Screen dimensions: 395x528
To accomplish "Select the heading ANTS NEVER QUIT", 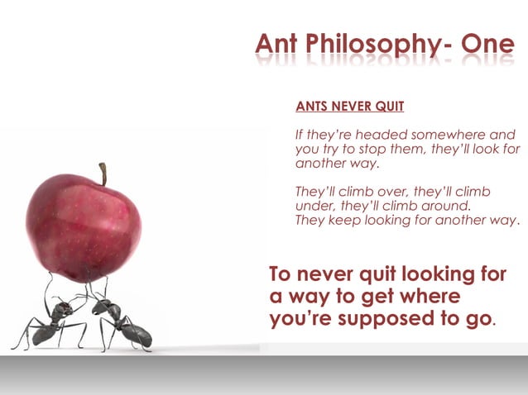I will pyautogui.click(x=349, y=107).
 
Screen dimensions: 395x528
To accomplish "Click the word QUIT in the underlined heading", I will pyautogui.click(x=388, y=107).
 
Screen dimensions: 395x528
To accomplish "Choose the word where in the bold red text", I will pyautogui.click(x=425, y=297).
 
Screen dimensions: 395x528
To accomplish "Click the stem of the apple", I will pyautogui.click(x=103, y=174).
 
